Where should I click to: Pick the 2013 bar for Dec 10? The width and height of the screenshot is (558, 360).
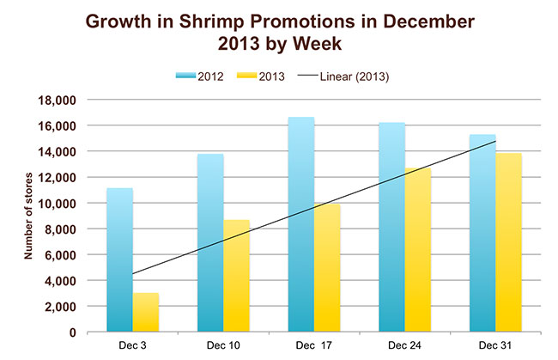pos(237,276)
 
